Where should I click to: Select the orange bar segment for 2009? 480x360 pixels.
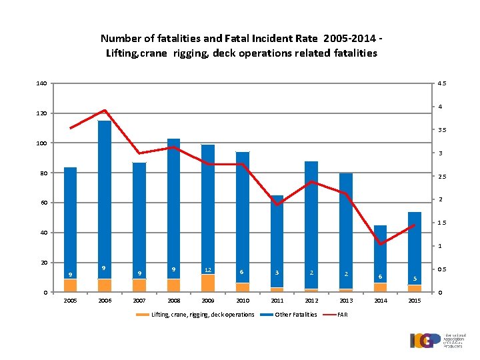208,283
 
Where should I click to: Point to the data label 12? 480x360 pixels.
208,270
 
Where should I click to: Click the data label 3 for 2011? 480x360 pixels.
277,272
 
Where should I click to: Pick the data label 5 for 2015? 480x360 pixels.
415,279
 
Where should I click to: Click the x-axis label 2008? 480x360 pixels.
174,301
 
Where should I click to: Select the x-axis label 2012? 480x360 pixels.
311,301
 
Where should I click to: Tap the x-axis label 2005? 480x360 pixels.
70,301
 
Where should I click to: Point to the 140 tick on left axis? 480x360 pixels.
42,83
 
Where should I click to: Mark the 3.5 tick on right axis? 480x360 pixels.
441,130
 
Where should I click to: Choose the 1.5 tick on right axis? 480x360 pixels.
441,223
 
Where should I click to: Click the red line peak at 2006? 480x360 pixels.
105,110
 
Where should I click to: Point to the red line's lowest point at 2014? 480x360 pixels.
380,244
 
